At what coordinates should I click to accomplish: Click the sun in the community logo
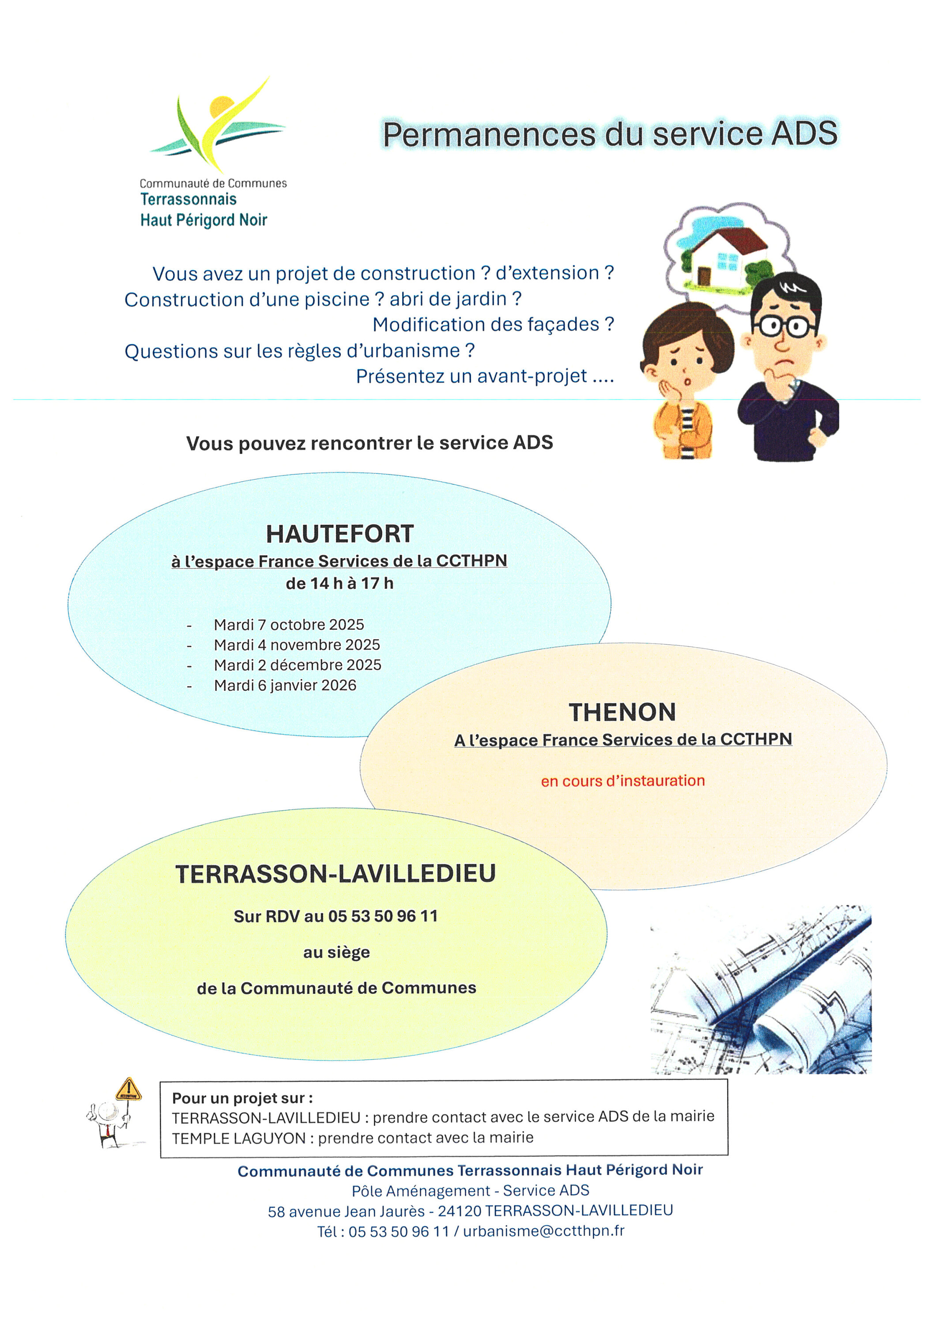pos(222,108)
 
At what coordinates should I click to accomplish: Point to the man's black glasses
pos(784,327)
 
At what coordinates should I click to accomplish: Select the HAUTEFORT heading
pos(340,534)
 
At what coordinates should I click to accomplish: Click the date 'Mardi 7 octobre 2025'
pos(289,625)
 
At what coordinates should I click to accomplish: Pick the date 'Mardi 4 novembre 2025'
pos(297,645)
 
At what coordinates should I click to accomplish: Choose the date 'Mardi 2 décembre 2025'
pos(297,665)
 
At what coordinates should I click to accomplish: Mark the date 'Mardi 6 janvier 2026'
pos(285,685)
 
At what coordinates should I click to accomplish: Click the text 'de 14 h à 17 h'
pos(339,583)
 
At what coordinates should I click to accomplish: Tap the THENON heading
pos(622,712)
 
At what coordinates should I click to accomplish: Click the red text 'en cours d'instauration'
pos(623,781)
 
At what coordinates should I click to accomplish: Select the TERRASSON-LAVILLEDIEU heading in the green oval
pos(336,874)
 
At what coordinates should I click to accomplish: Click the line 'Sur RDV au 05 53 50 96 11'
pos(336,916)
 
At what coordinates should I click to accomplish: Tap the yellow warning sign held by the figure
pos(128,1090)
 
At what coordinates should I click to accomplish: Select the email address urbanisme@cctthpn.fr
pos(543,1231)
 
